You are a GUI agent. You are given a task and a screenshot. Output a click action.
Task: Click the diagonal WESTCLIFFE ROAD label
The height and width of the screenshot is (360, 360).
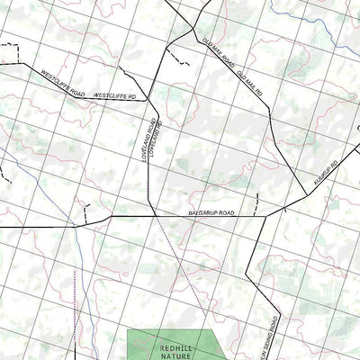point(64,81)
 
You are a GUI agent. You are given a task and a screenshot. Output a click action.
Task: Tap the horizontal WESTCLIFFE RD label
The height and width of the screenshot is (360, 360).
point(114,94)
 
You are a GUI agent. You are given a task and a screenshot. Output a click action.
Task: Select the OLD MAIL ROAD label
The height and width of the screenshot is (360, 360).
point(218,51)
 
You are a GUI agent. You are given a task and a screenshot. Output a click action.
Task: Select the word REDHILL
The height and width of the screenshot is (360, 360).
point(174,345)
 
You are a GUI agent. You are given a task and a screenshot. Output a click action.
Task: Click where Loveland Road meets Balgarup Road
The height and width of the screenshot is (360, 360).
point(148,216)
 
